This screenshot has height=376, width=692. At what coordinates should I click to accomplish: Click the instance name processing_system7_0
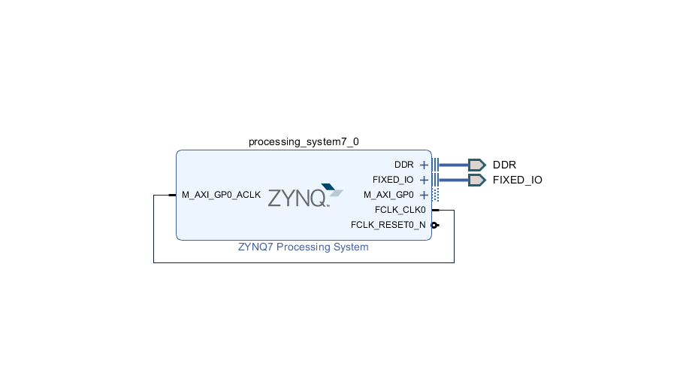click(x=298, y=141)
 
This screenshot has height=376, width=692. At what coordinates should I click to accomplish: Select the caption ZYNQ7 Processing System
click(x=303, y=247)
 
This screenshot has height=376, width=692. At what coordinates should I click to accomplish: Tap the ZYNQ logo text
click(x=298, y=199)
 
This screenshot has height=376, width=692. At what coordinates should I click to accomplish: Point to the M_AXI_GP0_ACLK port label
click(x=221, y=195)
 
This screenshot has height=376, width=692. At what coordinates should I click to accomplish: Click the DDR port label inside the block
click(x=403, y=165)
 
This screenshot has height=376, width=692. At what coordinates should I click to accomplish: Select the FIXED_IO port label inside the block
click(x=393, y=180)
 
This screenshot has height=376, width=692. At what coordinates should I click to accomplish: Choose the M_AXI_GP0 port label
click(x=388, y=195)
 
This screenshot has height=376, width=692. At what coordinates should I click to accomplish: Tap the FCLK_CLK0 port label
click(x=400, y=210)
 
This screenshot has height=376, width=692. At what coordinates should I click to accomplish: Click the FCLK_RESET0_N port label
click(x=388, y=225)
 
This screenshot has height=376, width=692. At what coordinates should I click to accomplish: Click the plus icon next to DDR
click(x=424, y=165)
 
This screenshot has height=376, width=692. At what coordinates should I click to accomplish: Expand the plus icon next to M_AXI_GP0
click(x=424, y=195)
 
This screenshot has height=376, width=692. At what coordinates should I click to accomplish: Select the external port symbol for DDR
click(x=476, y=165)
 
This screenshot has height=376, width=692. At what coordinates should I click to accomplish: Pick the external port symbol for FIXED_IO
click(x=476, y=180)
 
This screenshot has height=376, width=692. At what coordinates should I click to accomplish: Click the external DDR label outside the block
click(x=504, y=165)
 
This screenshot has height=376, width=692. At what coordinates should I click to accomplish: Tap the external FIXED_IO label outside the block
click(x=517, y=180)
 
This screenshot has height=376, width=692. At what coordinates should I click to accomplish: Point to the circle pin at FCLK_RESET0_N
click(x=434, y=225)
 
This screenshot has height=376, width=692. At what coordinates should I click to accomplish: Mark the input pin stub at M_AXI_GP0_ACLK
click(x=172, y=195)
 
